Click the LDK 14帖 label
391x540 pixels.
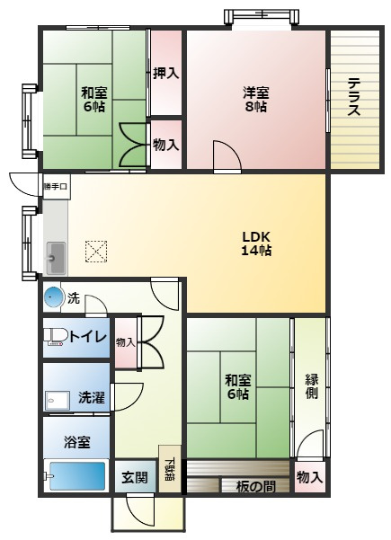pos(256,243)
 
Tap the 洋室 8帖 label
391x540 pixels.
pos(255,100)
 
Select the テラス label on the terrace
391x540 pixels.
pos(353,98)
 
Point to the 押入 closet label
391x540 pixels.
pos(165,74)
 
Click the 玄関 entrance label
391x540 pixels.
pos(135,477)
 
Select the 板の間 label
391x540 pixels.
pos(255,487)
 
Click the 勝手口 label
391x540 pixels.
pos(55,187)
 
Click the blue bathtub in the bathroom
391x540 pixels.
pos(77,476)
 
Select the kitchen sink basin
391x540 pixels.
pos(56,259)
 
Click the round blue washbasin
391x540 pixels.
pos(54,297)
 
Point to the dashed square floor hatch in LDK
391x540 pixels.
pos(95,251)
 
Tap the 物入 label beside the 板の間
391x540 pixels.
pos(309,477)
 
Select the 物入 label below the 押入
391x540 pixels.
pos(165,144)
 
